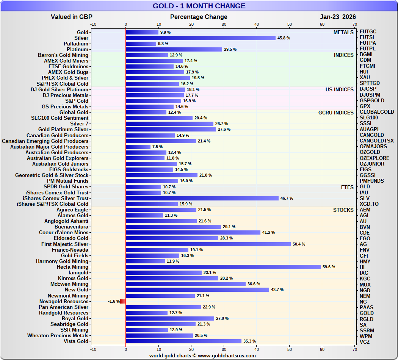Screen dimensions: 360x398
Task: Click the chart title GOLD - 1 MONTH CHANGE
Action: (x=199, y=6)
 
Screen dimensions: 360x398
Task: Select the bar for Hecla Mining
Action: (x=223, y=267)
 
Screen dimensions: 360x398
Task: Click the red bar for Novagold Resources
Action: (x=123, y=301)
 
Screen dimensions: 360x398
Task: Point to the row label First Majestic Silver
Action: (x=65, y=244)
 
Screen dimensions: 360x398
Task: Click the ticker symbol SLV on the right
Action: (x=365, y=198)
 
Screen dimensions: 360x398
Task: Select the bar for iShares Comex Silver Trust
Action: (x=202, y=198)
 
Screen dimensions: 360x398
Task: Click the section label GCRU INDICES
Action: (x=336, y=113)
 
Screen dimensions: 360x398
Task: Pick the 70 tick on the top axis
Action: (x=355, y=24)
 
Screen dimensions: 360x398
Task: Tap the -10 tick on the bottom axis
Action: (x=93, y=349)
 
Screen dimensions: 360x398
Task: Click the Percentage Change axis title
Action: (x=199, y=17)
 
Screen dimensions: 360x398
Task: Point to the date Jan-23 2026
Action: (x=338, y=17)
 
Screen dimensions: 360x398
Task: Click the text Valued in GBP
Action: (x=72, y=17)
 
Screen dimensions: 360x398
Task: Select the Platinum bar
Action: (x=174, y=49)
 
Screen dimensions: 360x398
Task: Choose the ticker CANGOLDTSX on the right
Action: (x=376, y=141)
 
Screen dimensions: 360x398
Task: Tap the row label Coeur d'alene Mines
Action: (x=64, y=233)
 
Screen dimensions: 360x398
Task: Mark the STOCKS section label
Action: (x=343, y=210)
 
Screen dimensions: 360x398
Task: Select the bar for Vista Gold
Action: (x=183, y=341)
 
